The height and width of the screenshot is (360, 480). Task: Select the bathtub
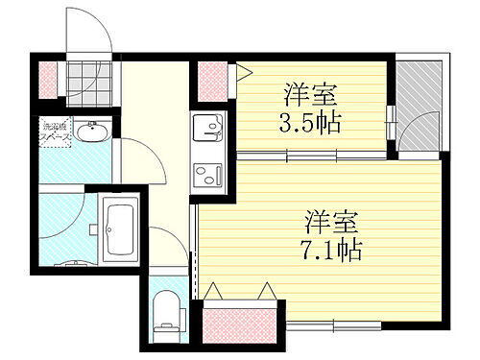(120, 230)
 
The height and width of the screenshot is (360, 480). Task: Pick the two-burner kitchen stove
(207, 175)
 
